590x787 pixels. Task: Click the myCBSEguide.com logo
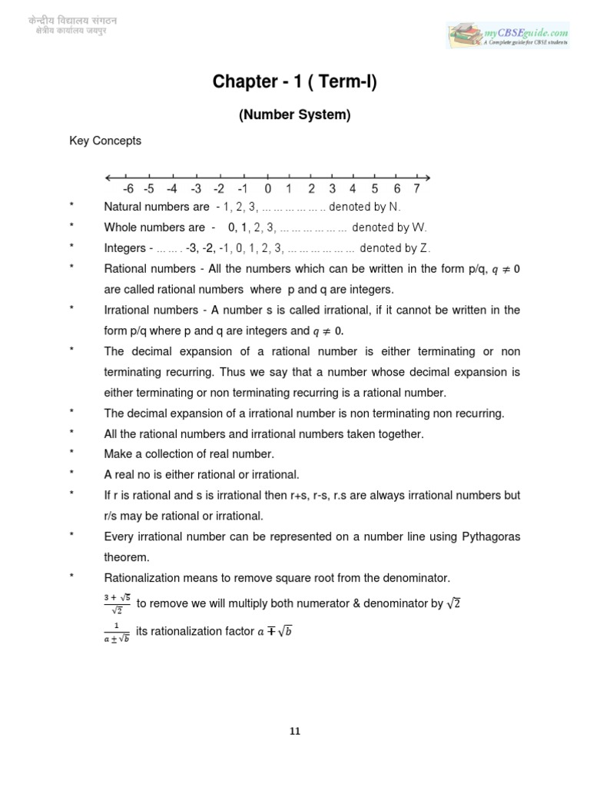coord(509,35)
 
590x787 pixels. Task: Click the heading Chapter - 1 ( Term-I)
coord(295,82)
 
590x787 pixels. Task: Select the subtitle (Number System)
coord(295,115)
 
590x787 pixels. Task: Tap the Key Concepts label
coord(105,141)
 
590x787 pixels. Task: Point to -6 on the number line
coord(128,189)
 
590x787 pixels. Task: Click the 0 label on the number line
coord(267,189)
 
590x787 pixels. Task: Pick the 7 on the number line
coord(416,189)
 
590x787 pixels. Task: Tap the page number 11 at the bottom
coord(295,731)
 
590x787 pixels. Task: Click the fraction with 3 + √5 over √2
coord(116,604)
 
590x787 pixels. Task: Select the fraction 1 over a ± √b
coord(116,632)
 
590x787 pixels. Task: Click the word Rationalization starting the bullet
coord(142,577)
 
